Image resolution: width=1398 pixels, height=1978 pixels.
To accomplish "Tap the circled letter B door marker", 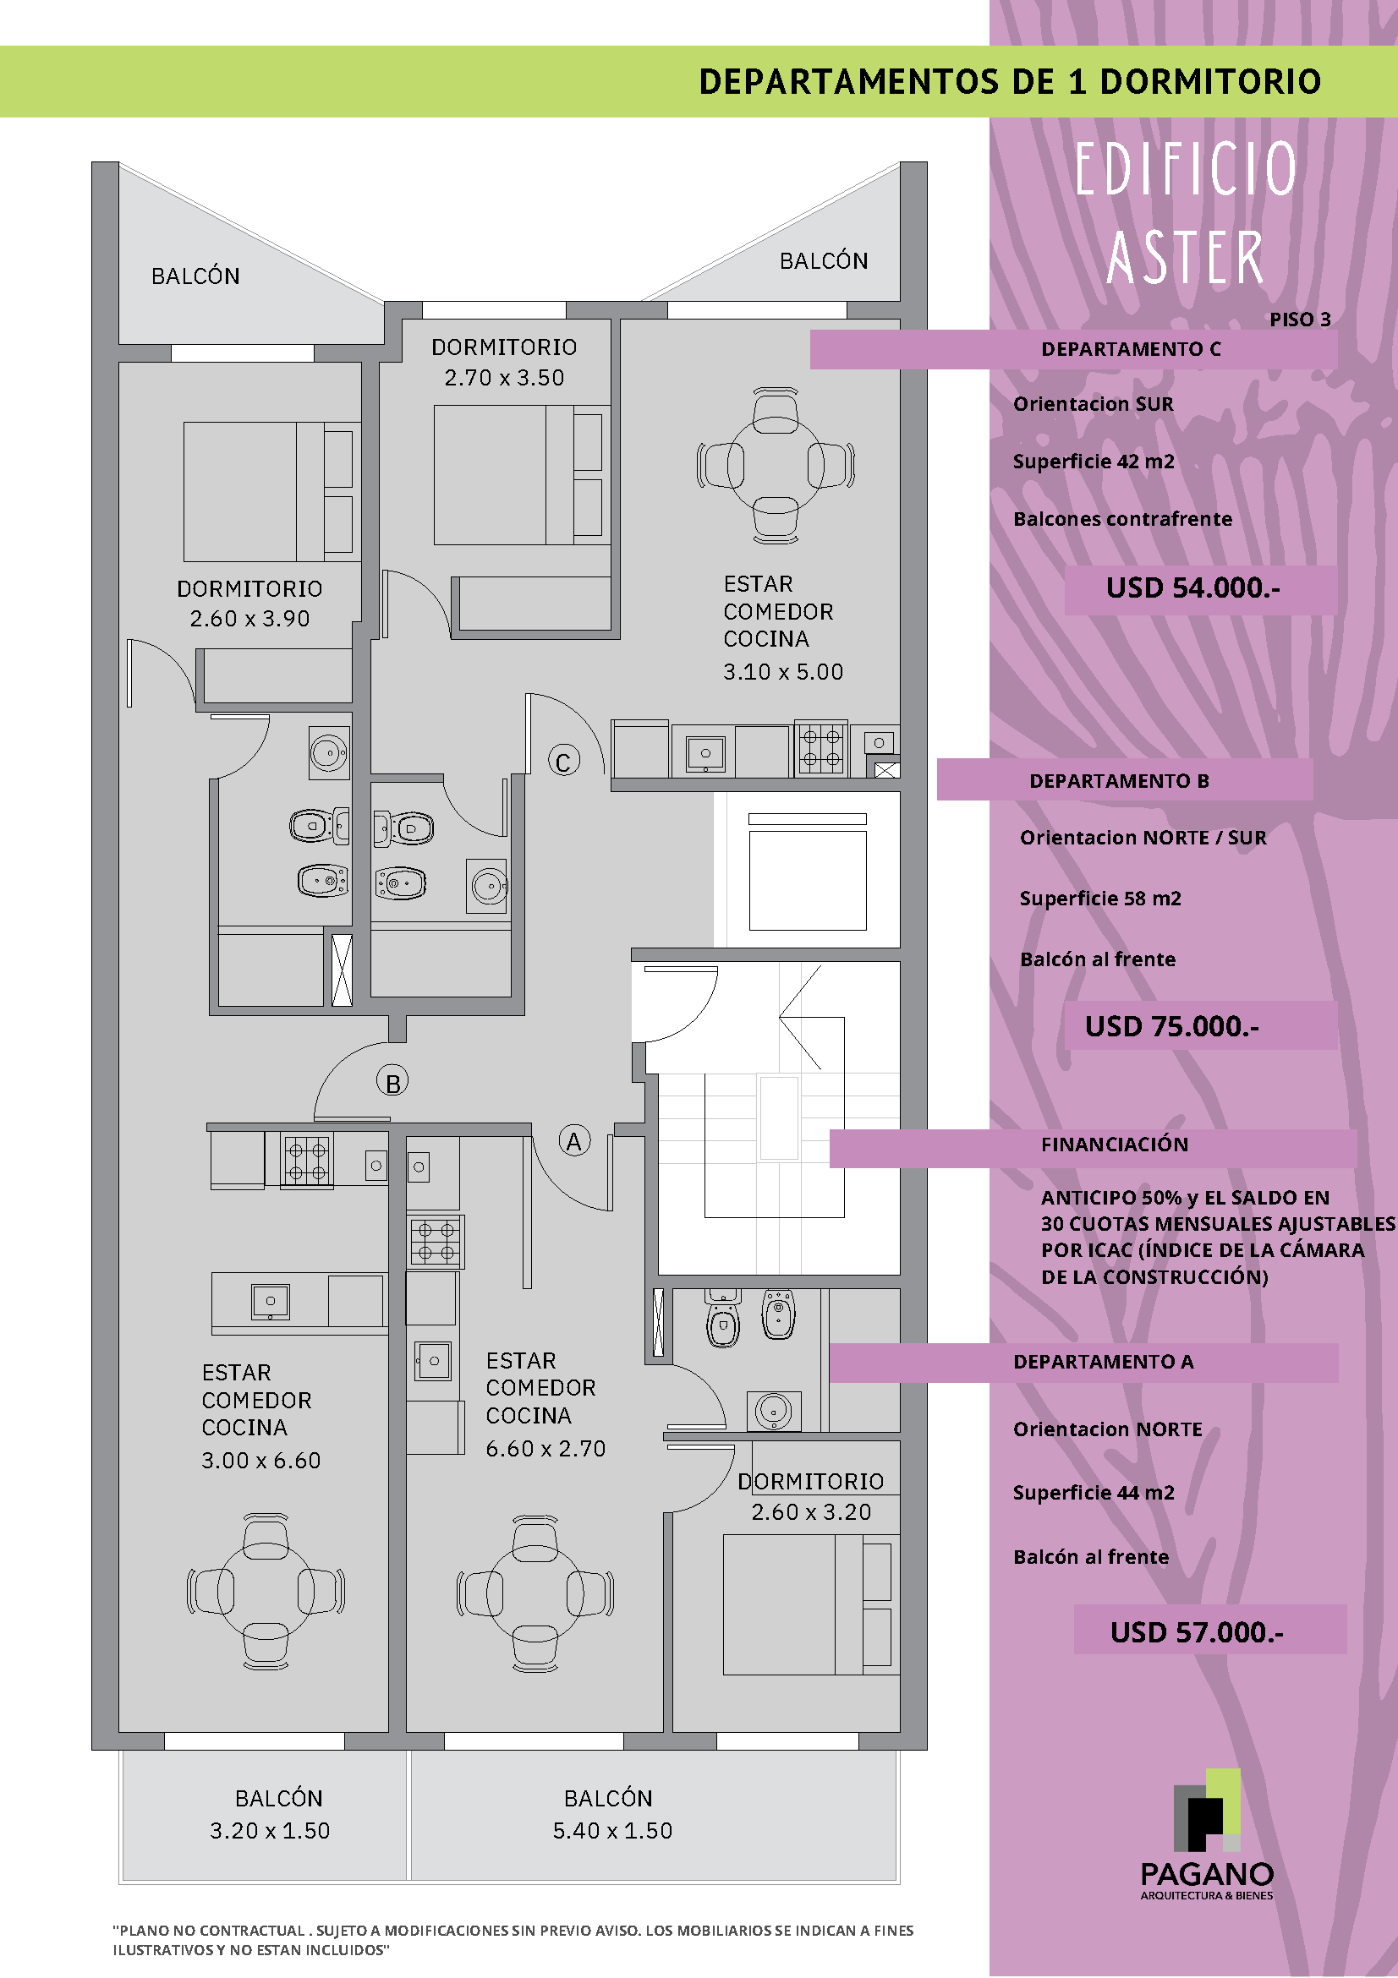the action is click(392, 1082).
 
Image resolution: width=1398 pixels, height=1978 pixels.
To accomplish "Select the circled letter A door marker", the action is click(574, 1140).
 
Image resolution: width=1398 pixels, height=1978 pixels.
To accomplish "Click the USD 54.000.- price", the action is click(1192, 587).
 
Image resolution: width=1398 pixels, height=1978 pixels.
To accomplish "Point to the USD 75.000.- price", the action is click(1171, 1026).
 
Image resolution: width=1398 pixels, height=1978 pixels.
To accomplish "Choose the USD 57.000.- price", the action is click(1197, 1631).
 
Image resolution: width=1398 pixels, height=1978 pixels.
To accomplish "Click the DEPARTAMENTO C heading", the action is click(1131, 349).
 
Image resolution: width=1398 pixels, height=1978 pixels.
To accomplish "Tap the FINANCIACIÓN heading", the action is click(1115, 1144).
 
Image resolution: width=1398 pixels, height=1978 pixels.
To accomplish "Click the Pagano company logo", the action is click(1207, 1834).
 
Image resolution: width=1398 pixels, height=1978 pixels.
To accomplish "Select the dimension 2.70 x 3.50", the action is click(504, 377).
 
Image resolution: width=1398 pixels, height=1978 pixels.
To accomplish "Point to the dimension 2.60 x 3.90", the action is click(250, 619).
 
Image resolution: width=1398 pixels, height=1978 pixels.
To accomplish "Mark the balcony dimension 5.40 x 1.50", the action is click(612, 1831).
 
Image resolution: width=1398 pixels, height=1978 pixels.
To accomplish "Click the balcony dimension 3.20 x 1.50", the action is click(270, 1831).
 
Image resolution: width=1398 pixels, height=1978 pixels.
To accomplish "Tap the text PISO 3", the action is click(1300, 320).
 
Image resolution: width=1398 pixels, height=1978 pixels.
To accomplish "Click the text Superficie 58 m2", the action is click(1099, 899).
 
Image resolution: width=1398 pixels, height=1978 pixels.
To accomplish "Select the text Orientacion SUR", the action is click(1093, 404).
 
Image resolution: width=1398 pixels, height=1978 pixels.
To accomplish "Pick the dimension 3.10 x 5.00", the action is click(782, 672).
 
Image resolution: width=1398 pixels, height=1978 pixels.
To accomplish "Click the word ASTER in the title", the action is click(1185, 256).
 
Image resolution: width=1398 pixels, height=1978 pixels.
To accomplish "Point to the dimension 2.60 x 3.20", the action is click(811, 1512).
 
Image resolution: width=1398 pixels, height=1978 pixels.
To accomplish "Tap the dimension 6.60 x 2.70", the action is click(545, 1449).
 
